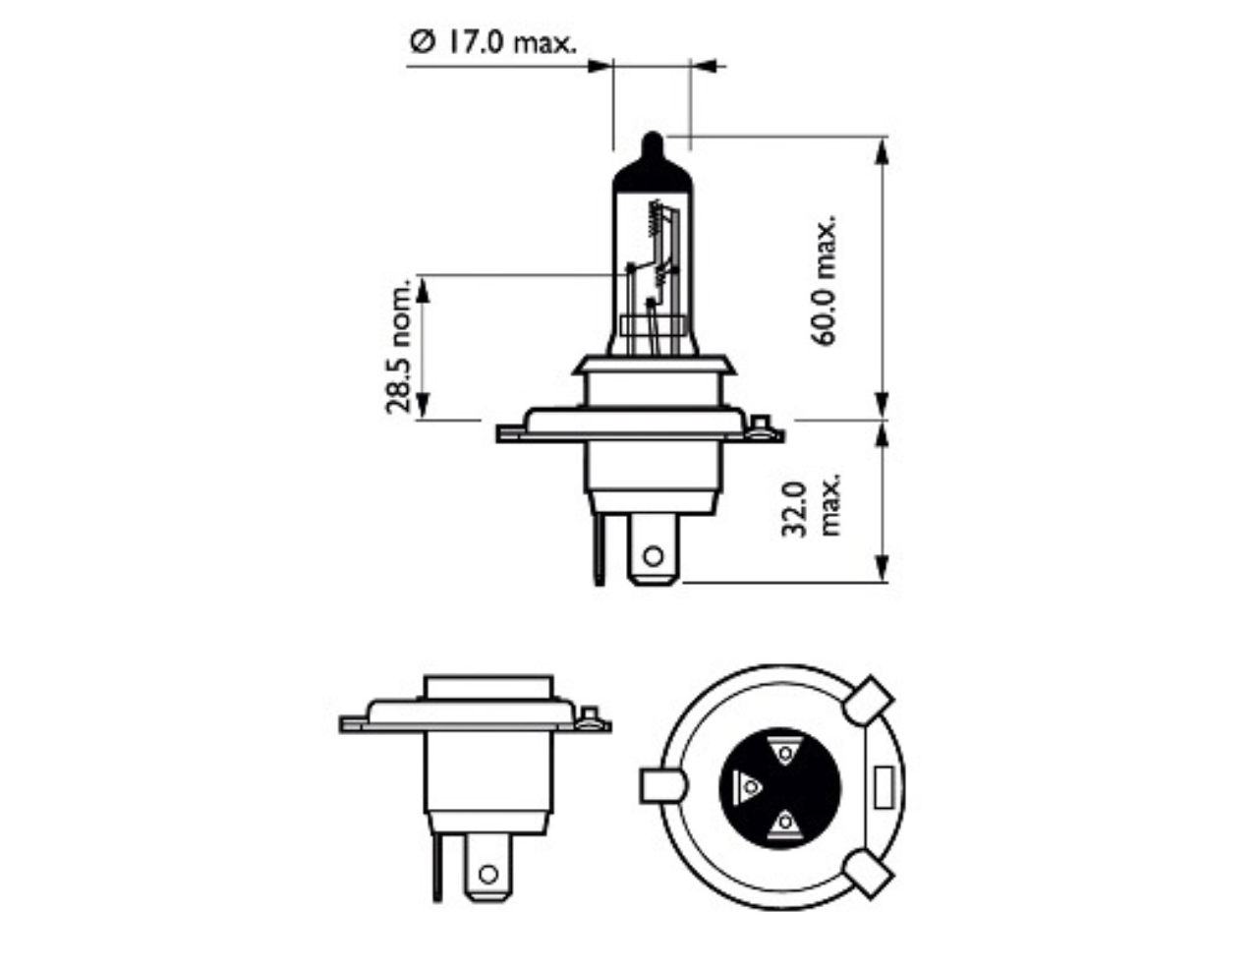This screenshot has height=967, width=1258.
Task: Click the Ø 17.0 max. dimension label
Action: [x=493, y=43]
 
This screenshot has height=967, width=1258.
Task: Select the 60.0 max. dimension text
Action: [x=823, y=280]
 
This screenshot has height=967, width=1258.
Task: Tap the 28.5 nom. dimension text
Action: [x=398, y=347]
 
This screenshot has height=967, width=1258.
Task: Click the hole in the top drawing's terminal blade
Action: [x=653, y=556]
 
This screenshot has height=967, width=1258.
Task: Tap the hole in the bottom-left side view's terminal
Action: [x=489, y=874]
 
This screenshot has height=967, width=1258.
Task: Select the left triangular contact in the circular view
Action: [x=747, y=786]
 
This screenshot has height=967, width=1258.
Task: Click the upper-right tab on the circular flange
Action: [x=869, y=702]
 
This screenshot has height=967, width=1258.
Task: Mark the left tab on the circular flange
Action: [x=662, y=786]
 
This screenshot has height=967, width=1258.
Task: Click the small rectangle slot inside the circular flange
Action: [x=884, y=787]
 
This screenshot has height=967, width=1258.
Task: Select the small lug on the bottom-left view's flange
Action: [x=591, y=717]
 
